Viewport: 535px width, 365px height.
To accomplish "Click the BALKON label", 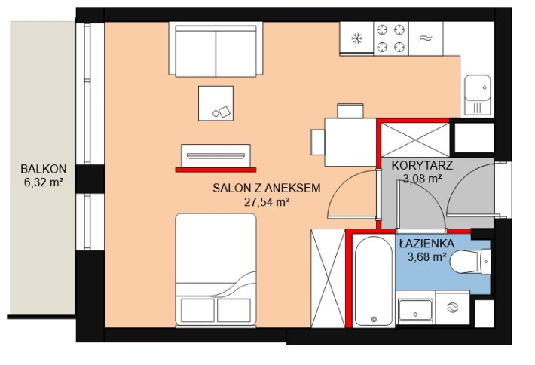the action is [44, 169].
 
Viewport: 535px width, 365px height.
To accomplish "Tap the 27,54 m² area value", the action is [267, 202].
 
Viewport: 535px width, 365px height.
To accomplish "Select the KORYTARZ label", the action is [422, 165].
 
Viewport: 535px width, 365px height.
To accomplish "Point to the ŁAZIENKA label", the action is [426, 244].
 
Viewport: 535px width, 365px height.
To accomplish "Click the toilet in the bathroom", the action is [470, 261].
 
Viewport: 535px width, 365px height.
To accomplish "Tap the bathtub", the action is [374, 281].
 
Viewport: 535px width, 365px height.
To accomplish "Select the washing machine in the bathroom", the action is [453, 307].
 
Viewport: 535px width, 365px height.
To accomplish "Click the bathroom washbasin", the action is [416, 311].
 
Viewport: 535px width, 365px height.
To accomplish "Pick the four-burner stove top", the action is [390, 38].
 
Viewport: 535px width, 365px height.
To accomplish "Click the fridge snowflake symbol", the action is [357, 38].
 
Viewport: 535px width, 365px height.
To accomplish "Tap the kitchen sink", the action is [478, 94].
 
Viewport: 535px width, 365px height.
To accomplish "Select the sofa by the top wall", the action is [216, 49].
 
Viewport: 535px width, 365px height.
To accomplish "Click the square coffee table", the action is [216, 103].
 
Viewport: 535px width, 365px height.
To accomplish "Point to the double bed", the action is [216, 270].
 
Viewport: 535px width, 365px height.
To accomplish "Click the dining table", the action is [350, 142].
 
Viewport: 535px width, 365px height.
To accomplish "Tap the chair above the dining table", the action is [350, 111].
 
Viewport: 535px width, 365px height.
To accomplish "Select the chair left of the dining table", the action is [317, 142].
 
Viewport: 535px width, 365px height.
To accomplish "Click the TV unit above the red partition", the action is [216, 155].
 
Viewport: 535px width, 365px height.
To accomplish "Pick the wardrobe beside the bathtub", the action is [329, 278].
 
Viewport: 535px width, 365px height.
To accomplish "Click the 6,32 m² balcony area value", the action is [44, 182].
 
